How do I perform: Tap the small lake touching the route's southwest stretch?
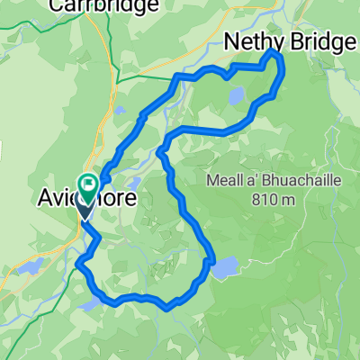[x=87, y=304]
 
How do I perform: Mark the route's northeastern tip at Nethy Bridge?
[x=274, y=56]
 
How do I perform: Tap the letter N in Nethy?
[x=231, y=40]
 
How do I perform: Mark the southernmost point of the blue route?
[x=168, y=308]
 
